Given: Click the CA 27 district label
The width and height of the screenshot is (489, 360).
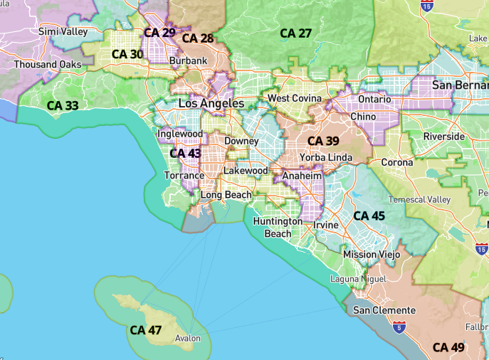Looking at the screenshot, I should coord(296,33).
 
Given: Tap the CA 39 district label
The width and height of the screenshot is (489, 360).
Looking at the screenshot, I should coord(323,141).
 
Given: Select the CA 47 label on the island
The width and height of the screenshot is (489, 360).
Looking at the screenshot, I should coord(147,330).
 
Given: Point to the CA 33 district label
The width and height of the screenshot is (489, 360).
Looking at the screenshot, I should coord(63,105).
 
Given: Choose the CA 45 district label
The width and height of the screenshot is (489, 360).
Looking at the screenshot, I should coord(369,216).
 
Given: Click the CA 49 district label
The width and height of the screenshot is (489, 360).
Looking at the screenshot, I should coord(448,347).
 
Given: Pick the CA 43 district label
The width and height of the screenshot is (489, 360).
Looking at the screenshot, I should coord(185,153).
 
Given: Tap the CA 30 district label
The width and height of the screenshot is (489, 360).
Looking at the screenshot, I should coord(127,54).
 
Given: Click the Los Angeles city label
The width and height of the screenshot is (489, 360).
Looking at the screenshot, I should coord(211,104).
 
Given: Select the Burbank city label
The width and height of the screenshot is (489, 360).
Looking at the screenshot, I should coord(189,61).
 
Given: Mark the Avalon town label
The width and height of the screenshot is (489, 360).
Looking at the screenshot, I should coord(188,339).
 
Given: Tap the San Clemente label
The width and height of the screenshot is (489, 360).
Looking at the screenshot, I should coord(384,310).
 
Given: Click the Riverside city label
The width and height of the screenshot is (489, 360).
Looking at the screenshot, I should coord(443,136).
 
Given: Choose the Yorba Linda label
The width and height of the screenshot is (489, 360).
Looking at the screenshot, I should coord(326,157).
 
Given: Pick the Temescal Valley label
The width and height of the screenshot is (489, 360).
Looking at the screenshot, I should coord(419,200).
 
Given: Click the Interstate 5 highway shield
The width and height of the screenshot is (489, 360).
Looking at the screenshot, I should coord(399,327).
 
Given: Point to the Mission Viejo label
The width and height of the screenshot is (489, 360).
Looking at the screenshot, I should coord(372,254).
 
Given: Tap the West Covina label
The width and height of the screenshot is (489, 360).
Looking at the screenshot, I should coord(294,98).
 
